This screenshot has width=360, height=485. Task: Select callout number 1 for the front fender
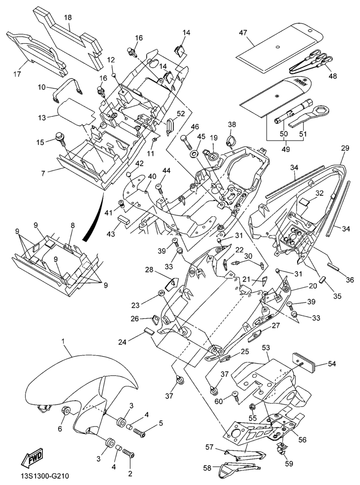click(x=63, y=342)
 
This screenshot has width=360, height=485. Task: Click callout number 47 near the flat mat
click(x=243, y=33)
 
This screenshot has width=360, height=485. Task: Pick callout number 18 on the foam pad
click(x=68, y=17)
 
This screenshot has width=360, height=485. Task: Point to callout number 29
click(x=345, y=149)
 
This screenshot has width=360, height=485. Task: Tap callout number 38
click(x=232, y=124)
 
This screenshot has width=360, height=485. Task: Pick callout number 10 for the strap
click(x=42, y=87)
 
